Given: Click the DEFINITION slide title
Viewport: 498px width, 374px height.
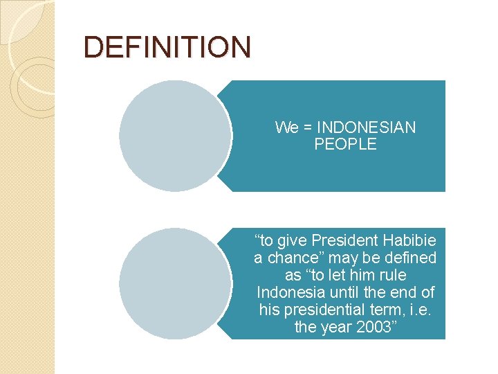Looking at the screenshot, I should (x=167, y=47).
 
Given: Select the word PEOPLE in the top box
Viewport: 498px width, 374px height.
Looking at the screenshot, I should (x=345, y=144).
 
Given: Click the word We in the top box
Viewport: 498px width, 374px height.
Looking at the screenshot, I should (x=287, y=127).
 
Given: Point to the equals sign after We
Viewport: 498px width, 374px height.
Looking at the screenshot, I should (x=309, y=127).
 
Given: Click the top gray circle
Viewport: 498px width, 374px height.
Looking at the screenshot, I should (x=174, y=136).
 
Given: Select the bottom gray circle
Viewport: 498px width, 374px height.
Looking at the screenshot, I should (x=174, y=283).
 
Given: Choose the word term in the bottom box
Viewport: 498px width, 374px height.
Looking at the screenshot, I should (x=389, y=309).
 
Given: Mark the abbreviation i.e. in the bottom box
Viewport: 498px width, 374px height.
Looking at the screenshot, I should (x=421, y=309).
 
